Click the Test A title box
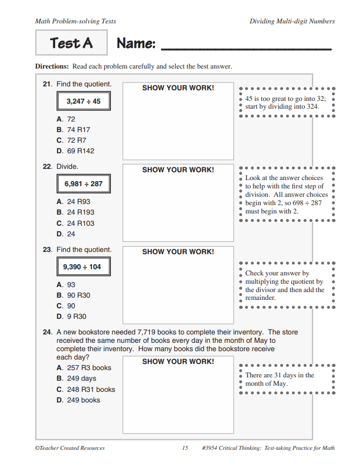71,43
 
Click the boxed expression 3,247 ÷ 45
84,101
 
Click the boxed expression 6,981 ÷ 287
84,183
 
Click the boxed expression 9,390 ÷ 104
84,266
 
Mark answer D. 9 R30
71,317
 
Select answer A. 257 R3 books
84,368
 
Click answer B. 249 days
76,378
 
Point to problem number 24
47,332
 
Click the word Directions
52,66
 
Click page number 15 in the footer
185,448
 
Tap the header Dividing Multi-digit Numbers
293,21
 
